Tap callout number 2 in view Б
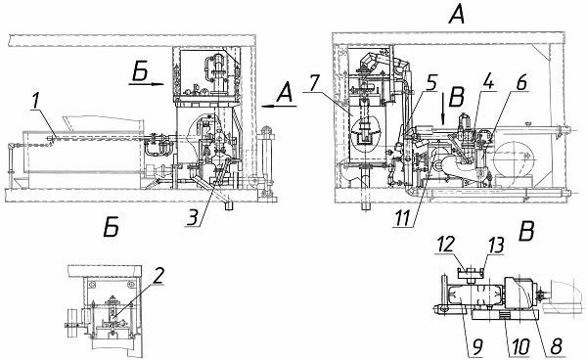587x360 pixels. [x=158, y=276]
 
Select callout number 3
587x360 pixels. [x=193, y=217]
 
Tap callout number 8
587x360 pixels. [x=556, y=346]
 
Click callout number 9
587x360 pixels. [x=476, y=346]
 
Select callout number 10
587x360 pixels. [x=521, y=346]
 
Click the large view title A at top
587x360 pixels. [x=458, y=15]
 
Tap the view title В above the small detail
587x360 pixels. [x=526, y=231]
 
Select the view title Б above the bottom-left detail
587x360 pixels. [x=112, y=228]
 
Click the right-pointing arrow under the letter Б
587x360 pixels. [x=147, y=84]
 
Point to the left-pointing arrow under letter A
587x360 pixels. [x=279, y=107]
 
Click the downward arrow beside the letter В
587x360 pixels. [x=443, y=110]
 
